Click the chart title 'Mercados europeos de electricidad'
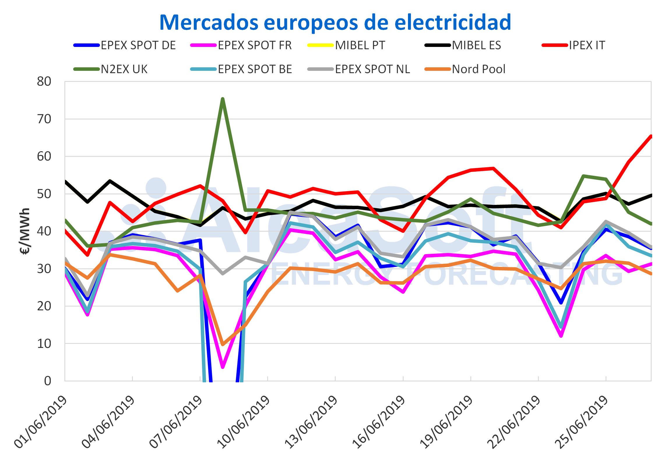(x=335, y=22)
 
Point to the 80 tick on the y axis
(x=44, y=82)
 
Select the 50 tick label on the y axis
(x=44, y=194)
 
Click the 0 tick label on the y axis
(x=48, y=381)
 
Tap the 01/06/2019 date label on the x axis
(x=41, y=421)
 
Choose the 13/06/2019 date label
(x=311, y=421)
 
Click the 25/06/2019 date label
(x=582, y=421)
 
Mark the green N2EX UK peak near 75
(x=223, y=99)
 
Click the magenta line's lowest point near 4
(x=223, y=367)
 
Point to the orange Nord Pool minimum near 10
(x=223, y=344)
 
